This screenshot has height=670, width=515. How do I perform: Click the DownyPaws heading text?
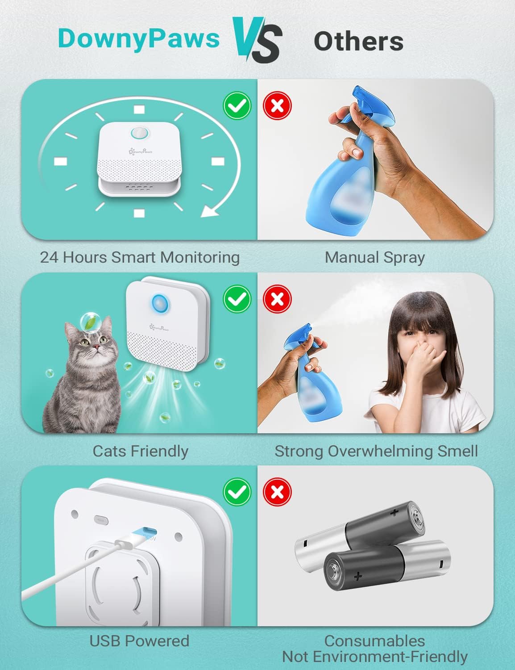138,38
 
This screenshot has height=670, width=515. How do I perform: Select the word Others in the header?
358,41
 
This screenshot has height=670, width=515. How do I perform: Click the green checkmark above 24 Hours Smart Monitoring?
237,106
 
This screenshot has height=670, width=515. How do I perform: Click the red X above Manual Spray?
277,106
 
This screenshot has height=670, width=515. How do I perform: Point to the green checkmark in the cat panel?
237,299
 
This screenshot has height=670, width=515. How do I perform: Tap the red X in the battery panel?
277,492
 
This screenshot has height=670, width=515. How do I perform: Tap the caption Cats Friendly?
140,451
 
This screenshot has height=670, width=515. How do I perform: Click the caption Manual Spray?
374,257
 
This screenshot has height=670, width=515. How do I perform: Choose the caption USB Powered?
139,641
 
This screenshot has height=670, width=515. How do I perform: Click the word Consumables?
374,641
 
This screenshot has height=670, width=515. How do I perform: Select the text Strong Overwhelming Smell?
376,451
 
